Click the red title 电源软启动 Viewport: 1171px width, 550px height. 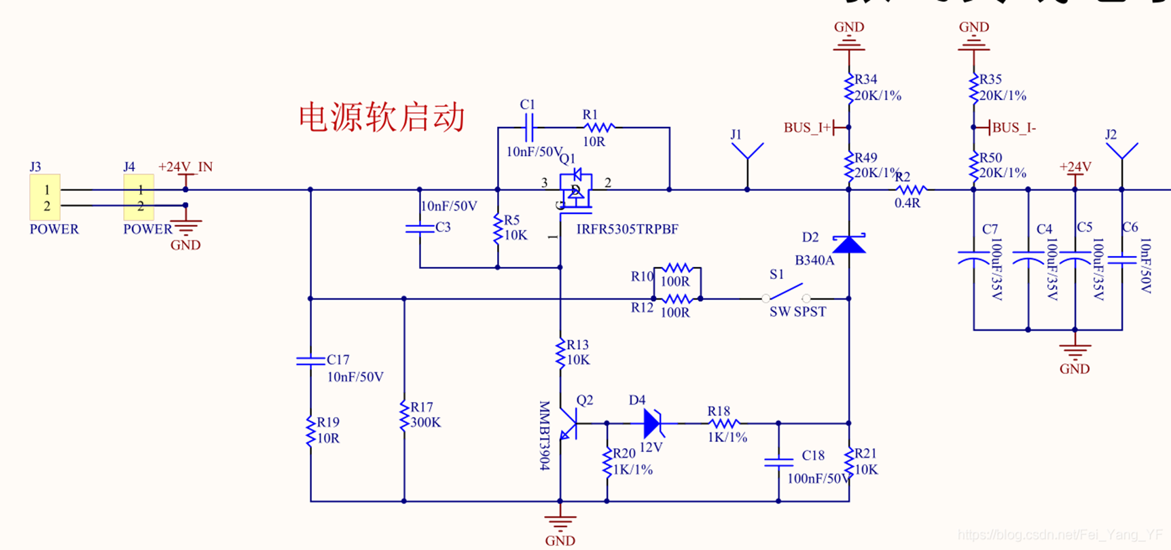[382, 117]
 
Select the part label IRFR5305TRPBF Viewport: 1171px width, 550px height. [627, 230]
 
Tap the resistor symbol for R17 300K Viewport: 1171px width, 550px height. [404, 415]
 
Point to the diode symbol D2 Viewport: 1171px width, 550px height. [849, 244]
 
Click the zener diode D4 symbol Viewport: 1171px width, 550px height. [653, 423]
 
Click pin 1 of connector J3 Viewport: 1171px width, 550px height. [46, 190]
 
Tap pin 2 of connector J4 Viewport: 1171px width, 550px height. [140, 206]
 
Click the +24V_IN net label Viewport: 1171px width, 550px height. [185, 167]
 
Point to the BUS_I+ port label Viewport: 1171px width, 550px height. [808, 128]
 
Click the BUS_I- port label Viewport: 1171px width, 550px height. [1013, 128]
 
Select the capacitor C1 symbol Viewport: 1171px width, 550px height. [530, 127]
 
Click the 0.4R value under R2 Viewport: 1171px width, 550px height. [907, 203]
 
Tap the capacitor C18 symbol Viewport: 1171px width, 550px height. [778, 462]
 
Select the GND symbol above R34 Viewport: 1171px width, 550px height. [849, 42]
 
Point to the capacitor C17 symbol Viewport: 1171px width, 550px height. [310, 361]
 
